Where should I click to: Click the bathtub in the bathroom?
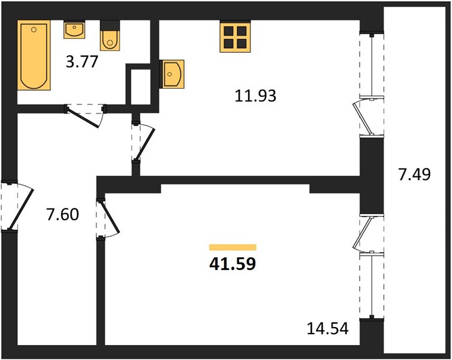point(34,55)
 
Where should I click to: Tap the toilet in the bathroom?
point(110,36)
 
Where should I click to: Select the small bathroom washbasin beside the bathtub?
point(74,29)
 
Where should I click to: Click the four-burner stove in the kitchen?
point(235,37)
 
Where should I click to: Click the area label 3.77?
point(82,62)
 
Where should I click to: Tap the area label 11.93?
point(255,96)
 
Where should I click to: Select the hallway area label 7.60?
point(62,215)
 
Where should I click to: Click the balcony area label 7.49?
point(414,174)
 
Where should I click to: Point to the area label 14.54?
point(328,328)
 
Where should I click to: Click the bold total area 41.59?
point(233,263)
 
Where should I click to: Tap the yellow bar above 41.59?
point(233,247)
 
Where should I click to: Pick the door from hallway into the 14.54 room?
point(108,218)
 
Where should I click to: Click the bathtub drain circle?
point(34,29)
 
